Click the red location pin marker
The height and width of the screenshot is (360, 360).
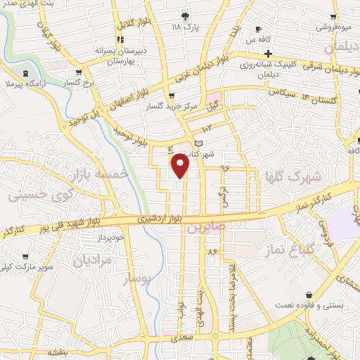click(181, 166)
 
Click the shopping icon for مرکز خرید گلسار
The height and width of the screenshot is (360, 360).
click(172, 96)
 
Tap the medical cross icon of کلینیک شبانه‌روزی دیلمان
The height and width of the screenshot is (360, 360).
click(268, 53)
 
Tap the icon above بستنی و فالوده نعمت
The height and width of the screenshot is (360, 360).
click(309, 294)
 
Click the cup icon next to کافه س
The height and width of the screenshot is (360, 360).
click(258, 29)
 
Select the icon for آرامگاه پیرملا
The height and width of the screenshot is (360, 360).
click(26, 73)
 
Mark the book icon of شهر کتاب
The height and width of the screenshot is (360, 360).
click(198, 143)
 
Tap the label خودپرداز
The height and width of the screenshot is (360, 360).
click(111, 238)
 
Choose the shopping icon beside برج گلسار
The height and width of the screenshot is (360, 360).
click(78, 72)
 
